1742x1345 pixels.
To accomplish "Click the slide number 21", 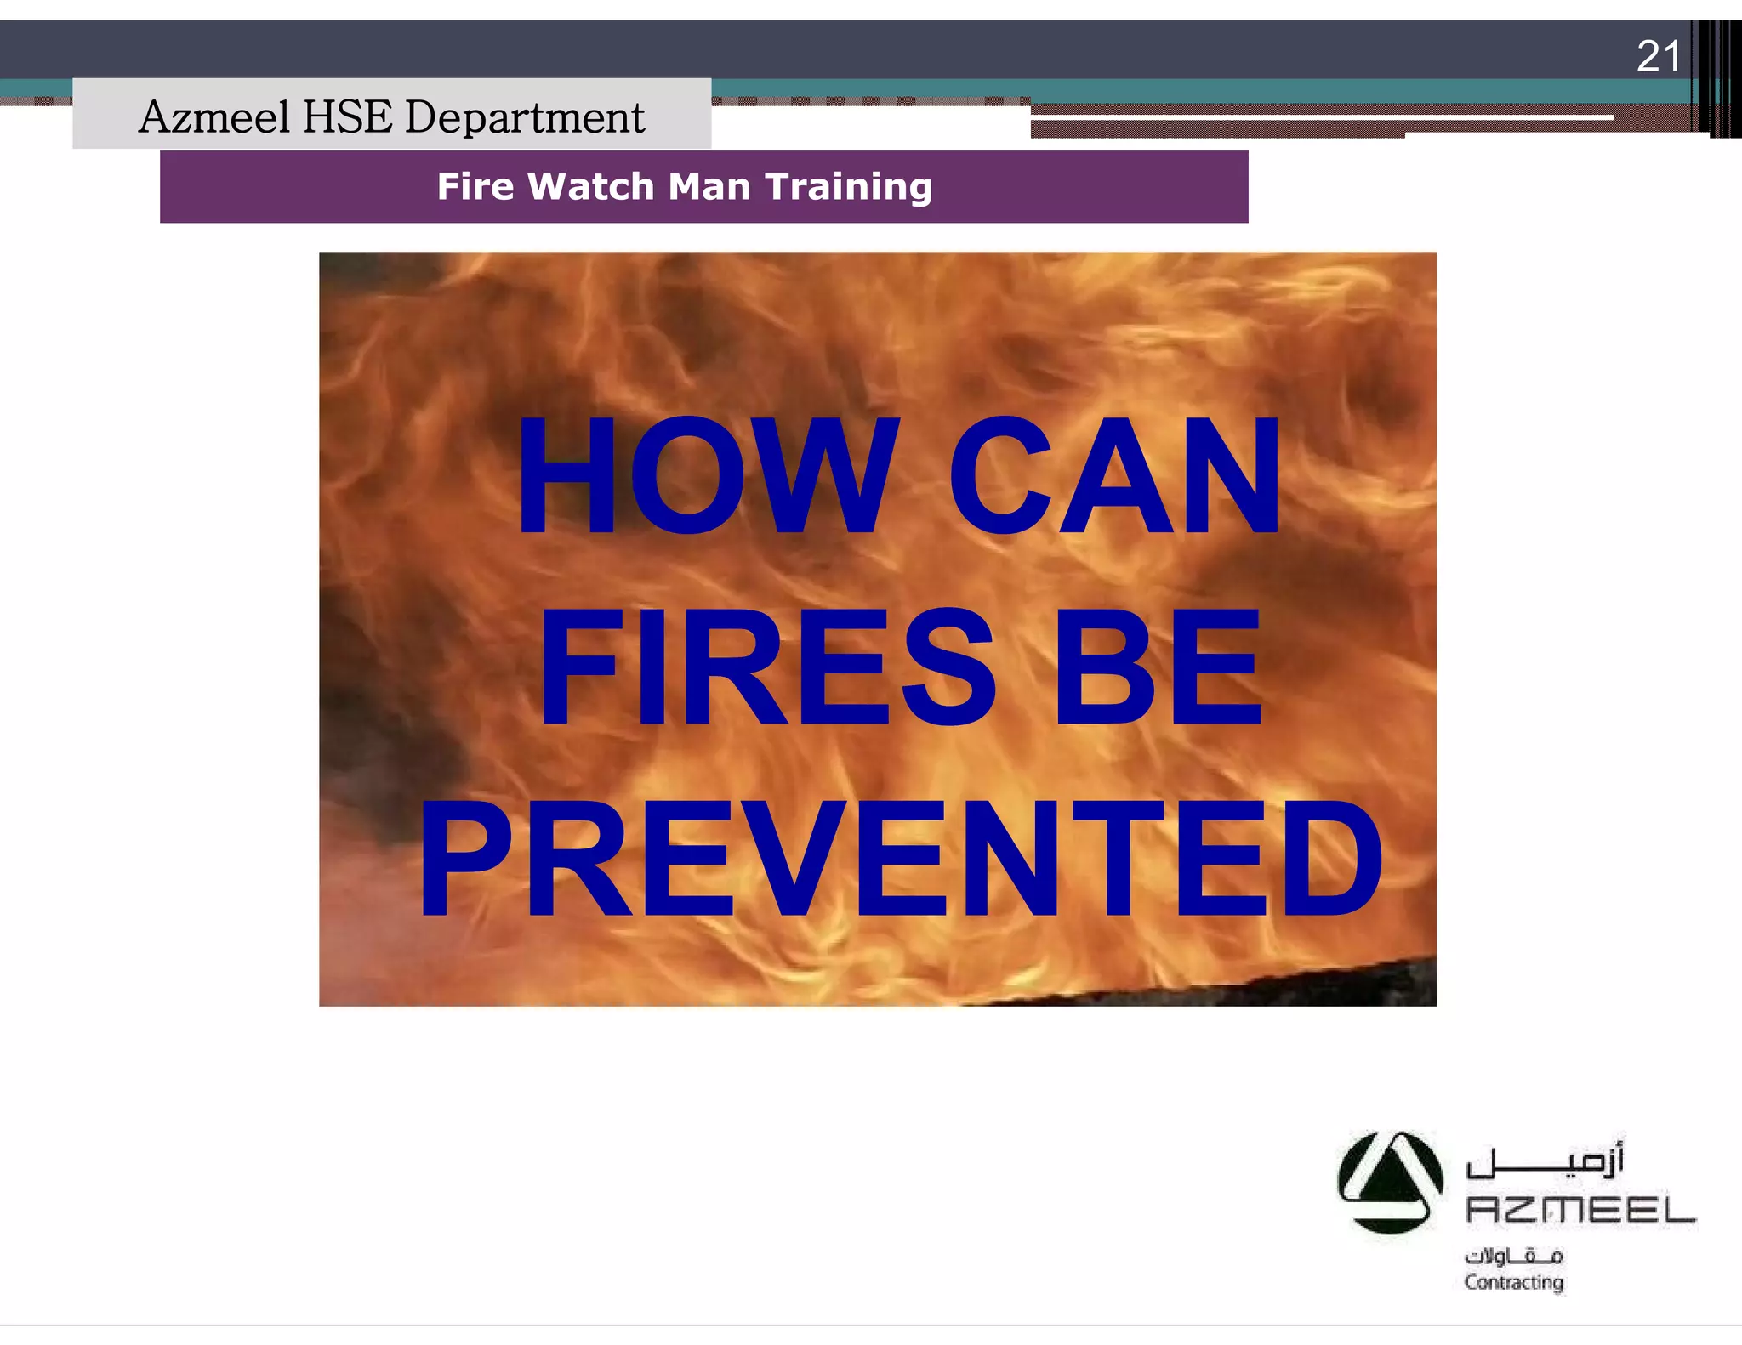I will click(1658, 57).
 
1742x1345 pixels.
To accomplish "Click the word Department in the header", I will click(525, 118).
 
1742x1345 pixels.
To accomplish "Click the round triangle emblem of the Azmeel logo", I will click(1389, 1182).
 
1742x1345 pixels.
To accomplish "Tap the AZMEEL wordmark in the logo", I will click(1580, 1210).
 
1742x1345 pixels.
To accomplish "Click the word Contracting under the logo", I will click(1514, 1282).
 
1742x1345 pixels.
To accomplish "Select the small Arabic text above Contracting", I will click(1514, 1256).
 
